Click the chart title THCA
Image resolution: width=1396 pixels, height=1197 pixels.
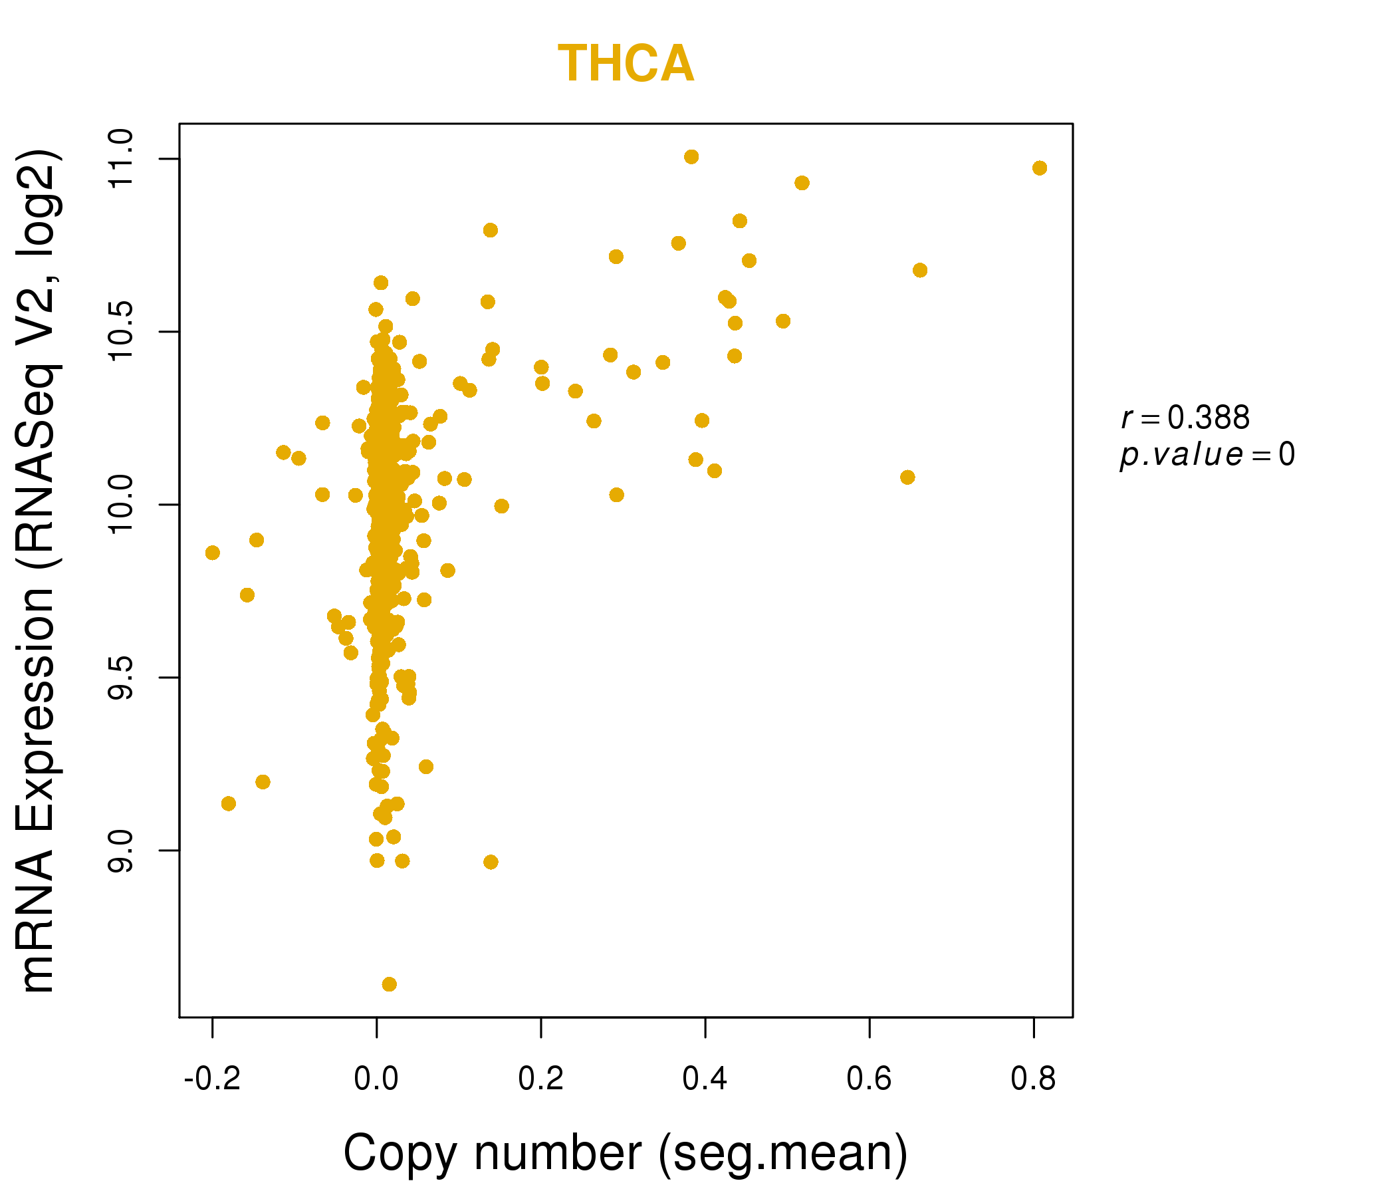click(x=626, y=65)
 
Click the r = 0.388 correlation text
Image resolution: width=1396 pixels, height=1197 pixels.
click(x=1185, y=418)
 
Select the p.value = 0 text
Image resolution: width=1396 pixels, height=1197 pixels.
click(x=1207, y=455)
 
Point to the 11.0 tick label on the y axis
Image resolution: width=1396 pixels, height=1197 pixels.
click(x=121, y=159)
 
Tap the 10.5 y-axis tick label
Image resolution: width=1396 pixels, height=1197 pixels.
click(x=121, y=332)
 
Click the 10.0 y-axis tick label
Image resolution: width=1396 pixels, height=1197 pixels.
click(x=121, y=505)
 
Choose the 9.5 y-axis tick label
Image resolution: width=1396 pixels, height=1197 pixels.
click(x=121, y=678)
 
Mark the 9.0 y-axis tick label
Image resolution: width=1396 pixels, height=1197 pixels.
click(x=121, y=851)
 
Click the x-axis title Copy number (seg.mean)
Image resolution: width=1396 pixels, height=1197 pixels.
click(x=626, y=1154)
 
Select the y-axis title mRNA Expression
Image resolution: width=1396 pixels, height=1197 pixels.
click(x=39, y=571)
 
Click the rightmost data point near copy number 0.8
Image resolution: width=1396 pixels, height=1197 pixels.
click(x=1040, y=168)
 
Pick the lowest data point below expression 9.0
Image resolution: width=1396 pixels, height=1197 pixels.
click(x=390, y=985)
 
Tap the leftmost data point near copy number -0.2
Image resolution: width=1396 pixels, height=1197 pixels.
click(x=212, y=553)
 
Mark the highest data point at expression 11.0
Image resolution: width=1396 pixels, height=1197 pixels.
click(x=691, y=157)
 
